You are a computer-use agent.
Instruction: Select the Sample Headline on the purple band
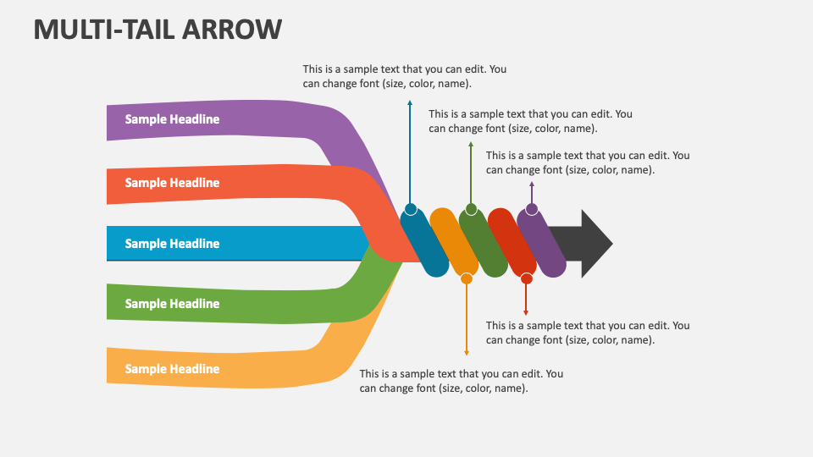[x=172, y=119]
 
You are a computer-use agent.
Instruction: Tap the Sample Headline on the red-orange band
[x=172, y=183]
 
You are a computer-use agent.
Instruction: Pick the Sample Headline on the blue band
[x=172, y=244]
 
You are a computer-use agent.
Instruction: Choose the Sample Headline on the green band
[x=172, y=304]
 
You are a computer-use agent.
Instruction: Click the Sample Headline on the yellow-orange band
[x=172, y=369]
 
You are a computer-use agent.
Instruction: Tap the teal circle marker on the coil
[x=411, y=209]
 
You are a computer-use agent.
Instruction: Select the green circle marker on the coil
[x=471, y=209]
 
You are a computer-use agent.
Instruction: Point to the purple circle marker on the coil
[x=531, y=209]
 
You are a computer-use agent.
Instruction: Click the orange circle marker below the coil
[x=466, y=278]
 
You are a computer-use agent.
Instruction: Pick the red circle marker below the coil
[x=526, y=278]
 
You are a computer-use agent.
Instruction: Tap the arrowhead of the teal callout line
[x=411, y=102]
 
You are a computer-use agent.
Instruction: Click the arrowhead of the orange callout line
[x=466, y=352]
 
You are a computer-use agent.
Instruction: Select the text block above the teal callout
[x=404, y=76]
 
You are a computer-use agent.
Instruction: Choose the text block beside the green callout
[x=530, y=121]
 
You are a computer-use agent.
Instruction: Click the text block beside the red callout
[x=587, y=333]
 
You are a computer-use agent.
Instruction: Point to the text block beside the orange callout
[x=461, y=381]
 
